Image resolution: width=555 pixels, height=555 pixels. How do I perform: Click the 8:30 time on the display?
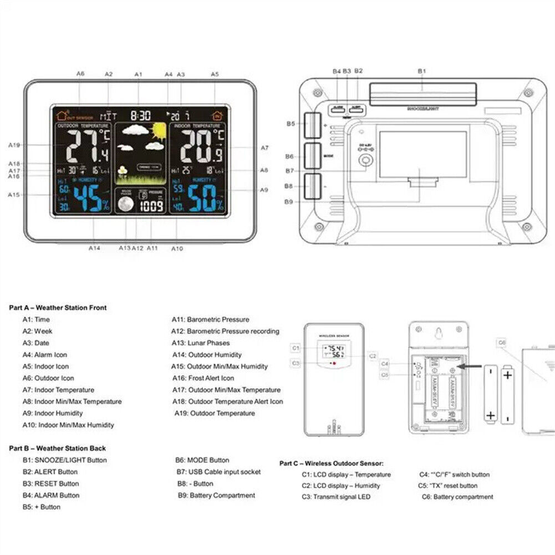tap(140, 116)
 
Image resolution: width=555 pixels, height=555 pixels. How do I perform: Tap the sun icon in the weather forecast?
tap(159, 131)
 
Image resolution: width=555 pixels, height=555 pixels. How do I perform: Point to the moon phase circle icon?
tap(126, 205)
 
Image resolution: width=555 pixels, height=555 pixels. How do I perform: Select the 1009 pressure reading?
tap(151, 206)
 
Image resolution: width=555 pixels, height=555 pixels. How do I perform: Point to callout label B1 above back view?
tap(421, 71)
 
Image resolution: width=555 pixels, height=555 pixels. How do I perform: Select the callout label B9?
tap(288, 202)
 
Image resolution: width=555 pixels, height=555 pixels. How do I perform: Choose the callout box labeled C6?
tap(502, 343)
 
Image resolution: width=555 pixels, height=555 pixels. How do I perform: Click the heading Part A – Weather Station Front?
tap(58, 308)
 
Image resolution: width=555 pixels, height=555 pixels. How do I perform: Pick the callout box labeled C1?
tap(296, 348)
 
